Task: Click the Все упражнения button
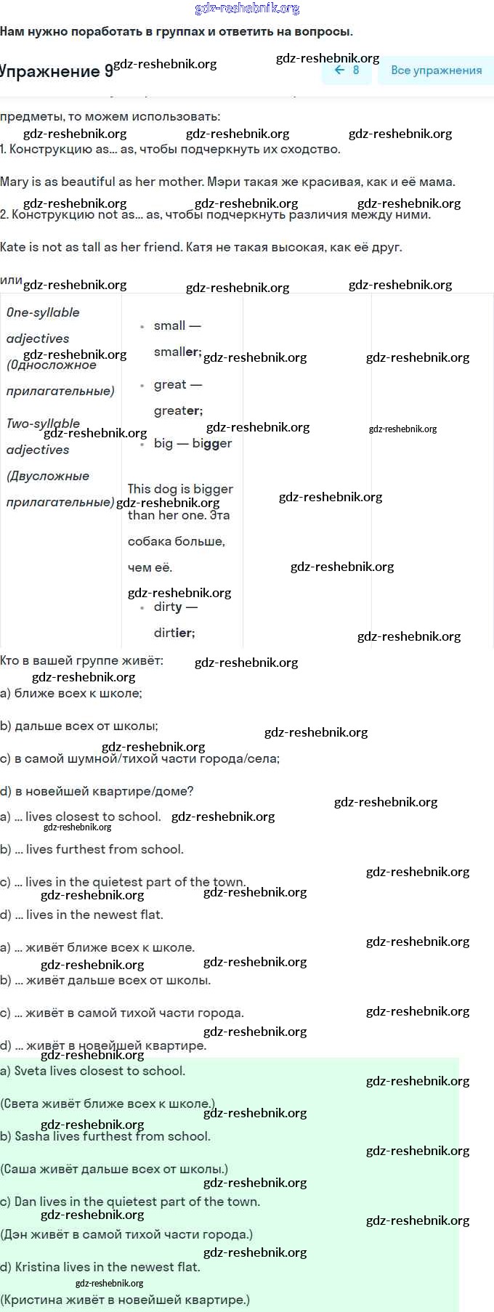(436, 70)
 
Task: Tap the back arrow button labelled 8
(347, 70)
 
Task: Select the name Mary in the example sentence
(15, 182)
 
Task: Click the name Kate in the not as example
(13, 247)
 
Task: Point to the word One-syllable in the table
(43, 312)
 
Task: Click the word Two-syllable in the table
(43, 424)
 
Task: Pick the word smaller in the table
(177, 352)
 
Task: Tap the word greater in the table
(178, 411)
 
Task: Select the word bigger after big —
(212, 443)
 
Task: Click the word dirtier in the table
(174, 633)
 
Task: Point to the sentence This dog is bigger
(180, 489)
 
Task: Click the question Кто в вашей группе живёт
(81, 660)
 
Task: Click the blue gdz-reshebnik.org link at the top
(247, 9)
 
